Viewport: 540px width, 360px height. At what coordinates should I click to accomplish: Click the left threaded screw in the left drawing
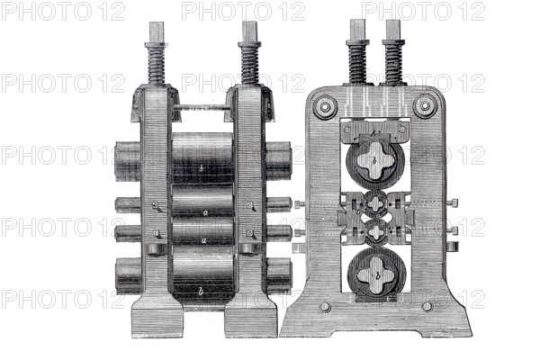tap(157, 63)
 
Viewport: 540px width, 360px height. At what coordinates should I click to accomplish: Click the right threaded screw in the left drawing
tap(249, 63)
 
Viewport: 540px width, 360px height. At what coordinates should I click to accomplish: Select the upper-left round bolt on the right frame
tap(325, 104)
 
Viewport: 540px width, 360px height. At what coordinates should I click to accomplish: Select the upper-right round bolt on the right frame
tap(424, 104)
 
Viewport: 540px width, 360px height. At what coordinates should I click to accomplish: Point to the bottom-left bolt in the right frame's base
tap(325, 307)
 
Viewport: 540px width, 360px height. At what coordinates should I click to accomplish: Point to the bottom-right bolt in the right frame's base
tap(427, 307)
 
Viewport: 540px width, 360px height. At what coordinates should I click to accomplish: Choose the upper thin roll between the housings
tap(202, 207)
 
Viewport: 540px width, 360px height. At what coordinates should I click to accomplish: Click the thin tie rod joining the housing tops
tap(202, 108)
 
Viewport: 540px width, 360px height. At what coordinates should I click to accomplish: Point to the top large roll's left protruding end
tap(127, 162)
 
